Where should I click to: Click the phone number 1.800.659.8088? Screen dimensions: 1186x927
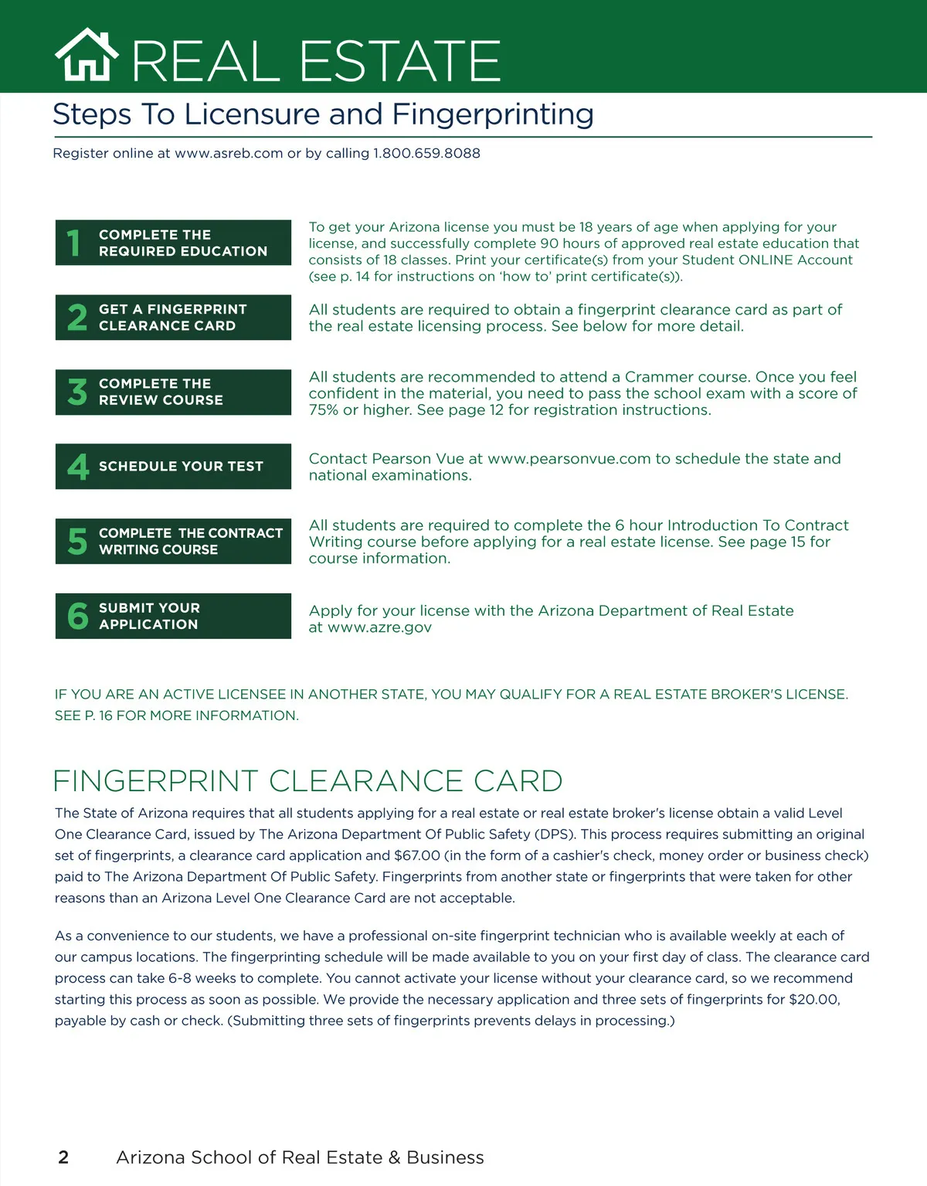[x=426, y=153]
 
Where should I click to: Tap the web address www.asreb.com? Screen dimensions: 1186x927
[x=229, y=153]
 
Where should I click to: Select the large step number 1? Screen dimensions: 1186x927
[x=74, y=243]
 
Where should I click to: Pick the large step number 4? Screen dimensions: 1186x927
[x=77, y=467]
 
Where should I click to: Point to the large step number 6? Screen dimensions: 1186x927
[x=77, y=617]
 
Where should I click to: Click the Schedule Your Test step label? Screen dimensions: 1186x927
[x=181, y=466]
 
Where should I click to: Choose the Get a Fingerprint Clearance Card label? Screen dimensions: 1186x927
[x=172, y=318]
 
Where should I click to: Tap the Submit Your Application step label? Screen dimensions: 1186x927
[x=149, y=616]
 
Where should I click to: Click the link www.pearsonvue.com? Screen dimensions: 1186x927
[x=569, y=459]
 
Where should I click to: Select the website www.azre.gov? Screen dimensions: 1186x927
[x=379, y=627]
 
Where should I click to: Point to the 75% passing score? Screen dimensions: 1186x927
[x=324, y=410]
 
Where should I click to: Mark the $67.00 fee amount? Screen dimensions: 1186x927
[x=417, y=855]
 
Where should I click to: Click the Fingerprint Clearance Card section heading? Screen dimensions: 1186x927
[x=307, y=781]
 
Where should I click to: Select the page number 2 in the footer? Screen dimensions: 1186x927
[x=63, y=1157]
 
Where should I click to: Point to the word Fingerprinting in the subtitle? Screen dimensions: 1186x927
[x=493, y=114]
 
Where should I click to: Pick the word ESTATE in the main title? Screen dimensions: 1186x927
[x=400, y=61]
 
